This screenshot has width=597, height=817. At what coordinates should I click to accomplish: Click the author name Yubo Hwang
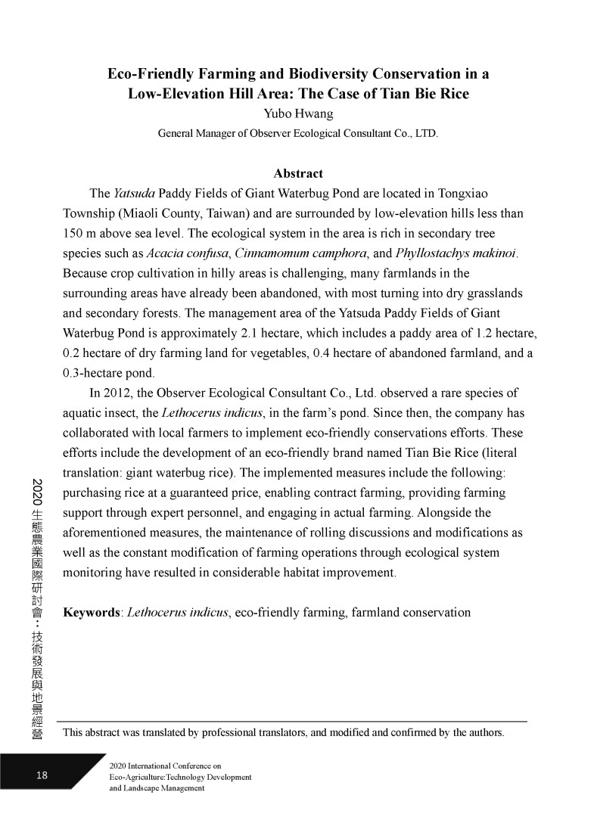point(298,114)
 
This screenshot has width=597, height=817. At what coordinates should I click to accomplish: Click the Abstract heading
point(298,173)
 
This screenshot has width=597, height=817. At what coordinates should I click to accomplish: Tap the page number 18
point(42,775)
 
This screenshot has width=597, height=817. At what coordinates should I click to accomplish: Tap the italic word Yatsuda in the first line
point(135,193)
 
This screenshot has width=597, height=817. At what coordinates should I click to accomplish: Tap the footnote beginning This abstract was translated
point(284,732)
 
